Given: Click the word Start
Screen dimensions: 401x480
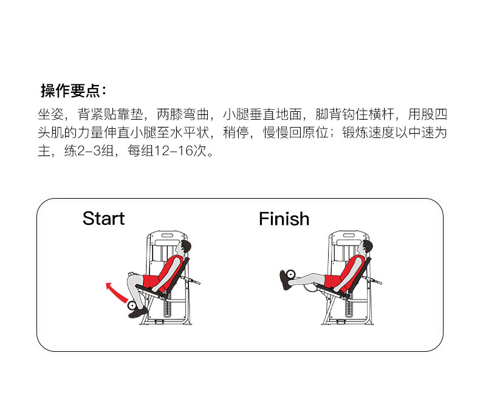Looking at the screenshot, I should pos(103,219).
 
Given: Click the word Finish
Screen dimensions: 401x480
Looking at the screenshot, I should pos(284,219).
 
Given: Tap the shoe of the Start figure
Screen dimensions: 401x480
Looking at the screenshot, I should pos(139,312).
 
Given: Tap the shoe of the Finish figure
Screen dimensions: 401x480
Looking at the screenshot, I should pos(285,279).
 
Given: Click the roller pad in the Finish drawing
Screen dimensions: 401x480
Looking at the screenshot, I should pos(290,275).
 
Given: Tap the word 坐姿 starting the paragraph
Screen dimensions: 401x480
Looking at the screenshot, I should pos(50,114).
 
